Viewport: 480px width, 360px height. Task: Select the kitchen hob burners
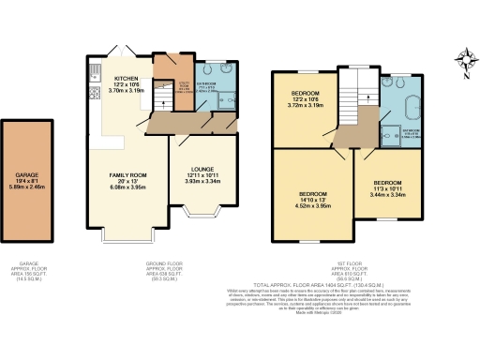coord(95,93)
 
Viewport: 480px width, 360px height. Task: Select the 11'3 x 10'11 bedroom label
coord(387,187)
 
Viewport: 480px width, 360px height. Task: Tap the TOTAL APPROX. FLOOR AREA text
coord(348,282)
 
